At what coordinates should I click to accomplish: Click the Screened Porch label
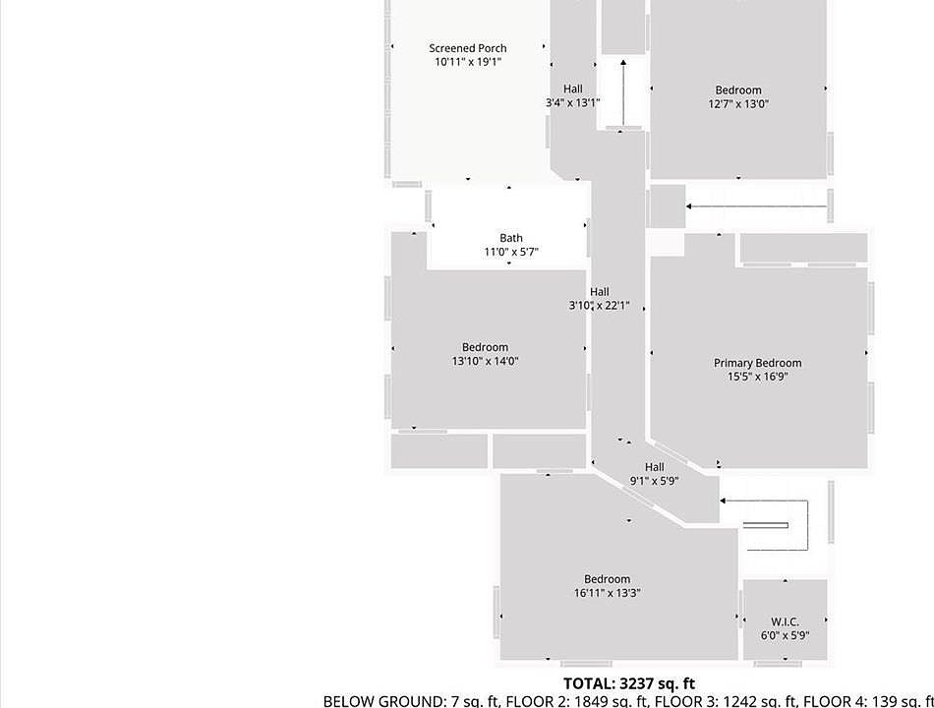(468, 48)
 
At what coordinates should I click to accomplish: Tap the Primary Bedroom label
(757, 363)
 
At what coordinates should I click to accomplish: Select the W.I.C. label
(785, 621)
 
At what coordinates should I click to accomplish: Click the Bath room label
(511, 238)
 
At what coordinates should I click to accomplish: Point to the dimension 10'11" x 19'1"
(468, 62)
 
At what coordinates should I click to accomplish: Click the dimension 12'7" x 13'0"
(738, 104)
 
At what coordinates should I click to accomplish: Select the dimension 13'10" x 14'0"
(485, 361)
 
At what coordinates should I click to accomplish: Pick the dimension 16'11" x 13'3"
(608, 593)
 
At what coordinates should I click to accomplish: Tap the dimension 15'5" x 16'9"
(758, 377)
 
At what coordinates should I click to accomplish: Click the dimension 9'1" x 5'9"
(655, 481)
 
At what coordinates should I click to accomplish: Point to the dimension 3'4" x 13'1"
(572, 102)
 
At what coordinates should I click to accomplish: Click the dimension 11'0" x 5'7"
(511, 252)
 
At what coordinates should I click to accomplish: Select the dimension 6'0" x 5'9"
(785, 635)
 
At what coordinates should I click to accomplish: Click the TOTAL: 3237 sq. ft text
(629, 683)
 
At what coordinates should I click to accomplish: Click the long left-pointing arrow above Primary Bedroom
(757, 206)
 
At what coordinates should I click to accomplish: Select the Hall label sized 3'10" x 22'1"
(600, 292)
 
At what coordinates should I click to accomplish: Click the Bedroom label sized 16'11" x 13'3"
(608, 579)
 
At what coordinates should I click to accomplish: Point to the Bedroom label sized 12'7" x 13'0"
(738, 90)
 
